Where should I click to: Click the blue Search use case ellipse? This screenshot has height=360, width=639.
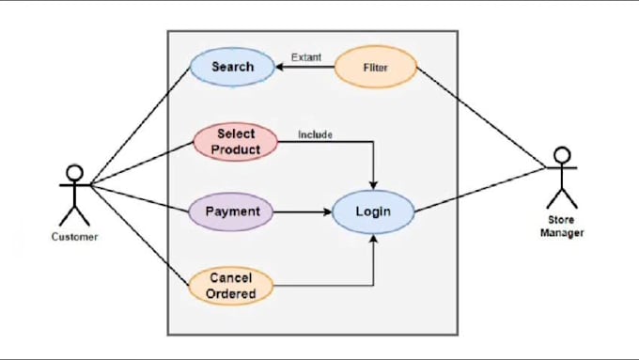tap(231, 68)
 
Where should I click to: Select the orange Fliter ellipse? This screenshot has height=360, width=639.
tap(375, 68)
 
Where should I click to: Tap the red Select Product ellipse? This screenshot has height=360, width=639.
tap(236, 142)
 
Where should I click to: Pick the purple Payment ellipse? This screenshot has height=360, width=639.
tap(231, 211)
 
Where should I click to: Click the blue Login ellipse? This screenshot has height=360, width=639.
tap(373, 211)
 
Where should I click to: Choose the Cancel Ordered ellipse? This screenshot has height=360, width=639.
tap(231, 286)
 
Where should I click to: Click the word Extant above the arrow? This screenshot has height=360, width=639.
tap(305, 57)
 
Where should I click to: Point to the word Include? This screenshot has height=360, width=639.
tap(315, 134)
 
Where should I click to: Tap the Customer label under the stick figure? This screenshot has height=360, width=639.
tap(74, 237)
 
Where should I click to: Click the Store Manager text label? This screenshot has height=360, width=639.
tap(562, 227)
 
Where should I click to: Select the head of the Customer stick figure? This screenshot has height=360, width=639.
tap(74, 174)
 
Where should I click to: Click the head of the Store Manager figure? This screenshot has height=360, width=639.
tap(562, 155)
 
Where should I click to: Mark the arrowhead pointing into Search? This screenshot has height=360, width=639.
tap(280, 68)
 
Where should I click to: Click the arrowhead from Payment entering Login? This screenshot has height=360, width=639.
tap(328, 212)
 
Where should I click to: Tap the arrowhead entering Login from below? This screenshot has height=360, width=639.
tap(375, 238)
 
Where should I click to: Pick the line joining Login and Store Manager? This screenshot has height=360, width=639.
tap(479, 189)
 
